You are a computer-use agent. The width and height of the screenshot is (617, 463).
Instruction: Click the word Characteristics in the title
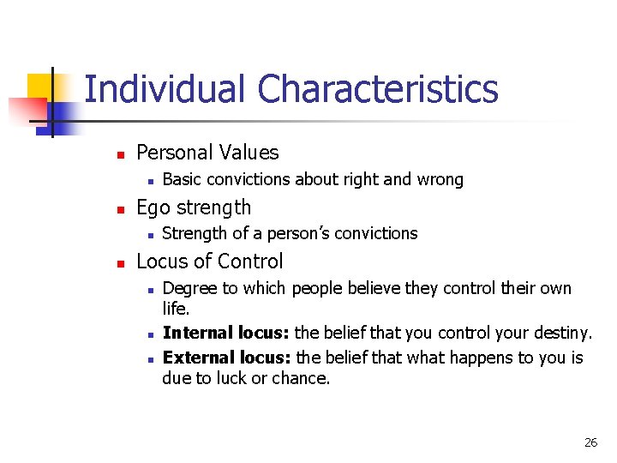tap(378, 89)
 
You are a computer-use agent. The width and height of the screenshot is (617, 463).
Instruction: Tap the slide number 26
tap(590, 442)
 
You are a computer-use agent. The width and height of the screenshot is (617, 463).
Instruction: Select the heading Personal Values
tap(207, 153)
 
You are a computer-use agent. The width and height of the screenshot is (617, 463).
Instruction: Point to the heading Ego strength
tap(194, 207)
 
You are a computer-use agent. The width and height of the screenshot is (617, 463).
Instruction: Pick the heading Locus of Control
tap(209, 262)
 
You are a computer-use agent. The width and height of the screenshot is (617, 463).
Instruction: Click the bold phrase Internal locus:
tap(225, 333)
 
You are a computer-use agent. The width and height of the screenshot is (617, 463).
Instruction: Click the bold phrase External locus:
tap(226, 357)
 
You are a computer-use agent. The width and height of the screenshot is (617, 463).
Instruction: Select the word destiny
tap(564, 333)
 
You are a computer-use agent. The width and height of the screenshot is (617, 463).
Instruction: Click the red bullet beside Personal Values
tap(121, 154)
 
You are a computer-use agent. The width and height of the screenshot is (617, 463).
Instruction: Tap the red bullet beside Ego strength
tap(121, 208)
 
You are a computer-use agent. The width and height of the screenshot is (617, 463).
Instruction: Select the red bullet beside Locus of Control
tap(121, 262)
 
